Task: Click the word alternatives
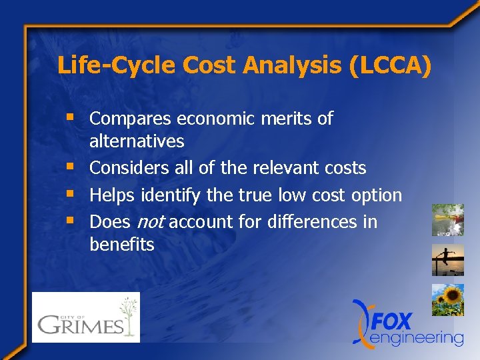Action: point(137,141)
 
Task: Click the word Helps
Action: point(112,195)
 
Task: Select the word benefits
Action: point(122,245)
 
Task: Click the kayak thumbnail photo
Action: point(447,221)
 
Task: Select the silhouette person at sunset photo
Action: point(447,260)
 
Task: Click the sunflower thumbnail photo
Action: point(447,299)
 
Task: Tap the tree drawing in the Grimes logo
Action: point(129,315)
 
